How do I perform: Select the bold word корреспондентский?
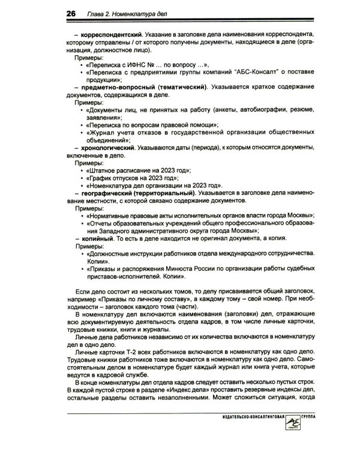[111, 35]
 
